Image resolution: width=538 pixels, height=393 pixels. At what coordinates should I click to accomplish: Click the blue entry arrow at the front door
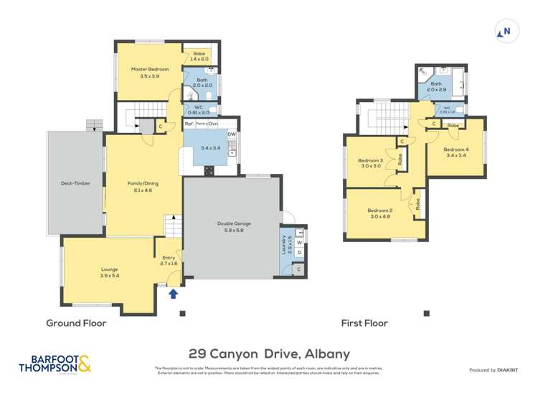(171, 292)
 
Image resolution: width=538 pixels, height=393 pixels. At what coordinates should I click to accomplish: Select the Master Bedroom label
(149, 72)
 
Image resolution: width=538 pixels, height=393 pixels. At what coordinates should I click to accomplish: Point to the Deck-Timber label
(75, 183)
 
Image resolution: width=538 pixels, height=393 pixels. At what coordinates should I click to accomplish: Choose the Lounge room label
(109, 272)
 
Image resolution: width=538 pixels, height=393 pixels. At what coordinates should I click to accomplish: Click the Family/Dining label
(143, 186)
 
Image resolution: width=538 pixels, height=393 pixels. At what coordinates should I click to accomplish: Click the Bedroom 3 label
(370, 163)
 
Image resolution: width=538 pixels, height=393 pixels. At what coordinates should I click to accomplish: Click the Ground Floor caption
(76, 323)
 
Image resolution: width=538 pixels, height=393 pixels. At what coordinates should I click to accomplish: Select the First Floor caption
(364, 323)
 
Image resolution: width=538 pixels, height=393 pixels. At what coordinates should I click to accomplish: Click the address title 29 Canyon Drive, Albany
(269, 353)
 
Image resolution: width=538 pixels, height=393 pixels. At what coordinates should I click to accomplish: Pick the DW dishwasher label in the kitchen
(231, 134)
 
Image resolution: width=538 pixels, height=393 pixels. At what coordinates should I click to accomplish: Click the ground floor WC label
(198, 109)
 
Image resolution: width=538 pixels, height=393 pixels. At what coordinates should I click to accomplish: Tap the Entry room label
(169, 261)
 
